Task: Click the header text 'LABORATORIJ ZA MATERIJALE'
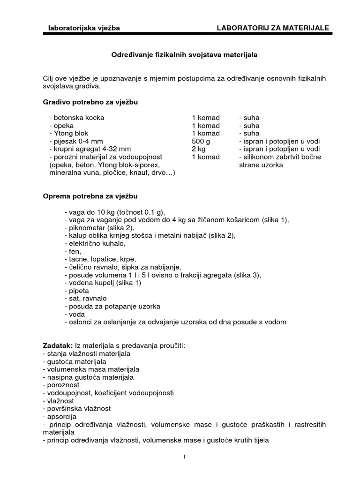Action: [x=273, y=28]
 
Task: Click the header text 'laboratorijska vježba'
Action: [x=84, y=28]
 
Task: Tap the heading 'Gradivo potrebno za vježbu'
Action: [x=90, y=102]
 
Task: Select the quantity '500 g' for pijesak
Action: [x=202, y=141]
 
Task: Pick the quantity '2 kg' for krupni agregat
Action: [x=199, y=149]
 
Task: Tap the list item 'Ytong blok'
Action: [x=71, y=133]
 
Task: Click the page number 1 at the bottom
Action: [x=185, y=457]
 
